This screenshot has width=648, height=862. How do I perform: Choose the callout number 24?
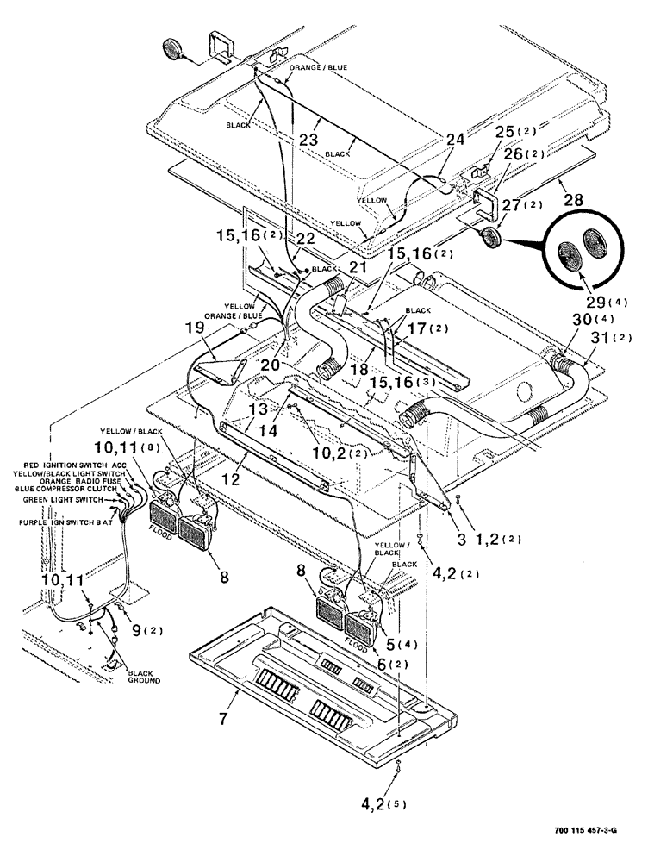pyautogui.click(x=454, y=138)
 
